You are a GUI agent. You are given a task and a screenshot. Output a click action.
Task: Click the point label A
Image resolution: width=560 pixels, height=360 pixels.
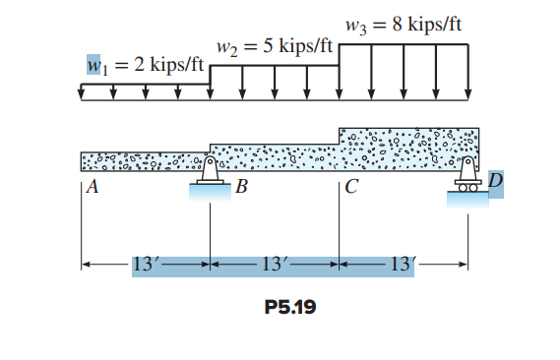(x=92, y=191)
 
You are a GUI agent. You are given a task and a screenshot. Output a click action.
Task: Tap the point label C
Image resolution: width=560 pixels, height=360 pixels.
(x=351, y=191)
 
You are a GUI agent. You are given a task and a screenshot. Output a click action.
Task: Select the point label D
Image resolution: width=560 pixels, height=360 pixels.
(x=494, y=182)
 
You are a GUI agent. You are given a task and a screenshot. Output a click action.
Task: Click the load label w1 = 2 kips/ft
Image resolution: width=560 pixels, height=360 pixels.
(x=146, y=66)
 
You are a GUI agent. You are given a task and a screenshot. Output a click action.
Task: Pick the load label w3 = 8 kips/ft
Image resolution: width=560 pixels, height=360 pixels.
(x=404, y=25)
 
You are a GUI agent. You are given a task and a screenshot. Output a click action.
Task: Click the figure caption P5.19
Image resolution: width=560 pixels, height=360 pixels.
(x=290, y=306)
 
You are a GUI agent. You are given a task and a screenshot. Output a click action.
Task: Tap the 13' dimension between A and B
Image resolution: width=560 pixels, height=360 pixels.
(x=145, y=264)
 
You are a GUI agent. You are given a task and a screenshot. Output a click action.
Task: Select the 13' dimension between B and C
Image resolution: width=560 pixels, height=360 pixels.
(x=275, y=264)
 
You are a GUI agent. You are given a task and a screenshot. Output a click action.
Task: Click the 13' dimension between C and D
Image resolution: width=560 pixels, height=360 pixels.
(x=404, y=264)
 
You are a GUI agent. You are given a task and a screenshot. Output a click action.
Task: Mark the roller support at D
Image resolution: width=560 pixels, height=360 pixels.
(x=468, y=173)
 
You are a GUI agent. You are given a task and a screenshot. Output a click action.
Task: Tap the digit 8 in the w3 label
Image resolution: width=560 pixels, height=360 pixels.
(x=397, y=25)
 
